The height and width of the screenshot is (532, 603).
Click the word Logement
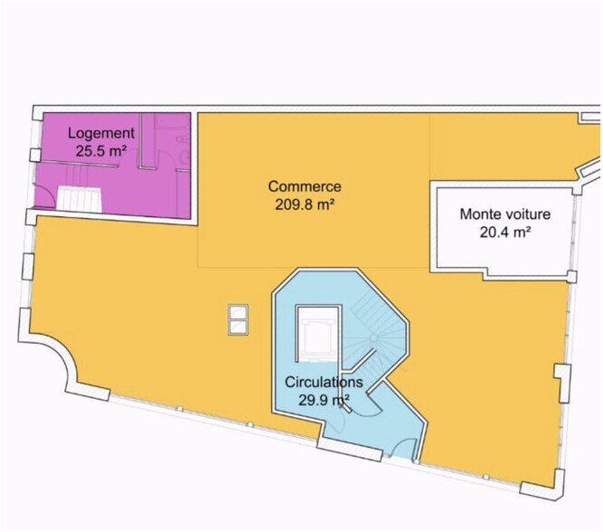101,134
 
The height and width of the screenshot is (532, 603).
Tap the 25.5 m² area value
101,151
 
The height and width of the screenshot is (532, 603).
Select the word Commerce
305,186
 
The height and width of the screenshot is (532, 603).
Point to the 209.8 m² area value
304,204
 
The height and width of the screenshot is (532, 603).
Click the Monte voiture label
505,214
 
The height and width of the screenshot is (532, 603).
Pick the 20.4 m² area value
505,233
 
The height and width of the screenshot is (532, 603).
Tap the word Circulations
324,382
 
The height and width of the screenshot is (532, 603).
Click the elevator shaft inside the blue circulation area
318,333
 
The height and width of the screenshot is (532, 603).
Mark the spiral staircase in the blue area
375,338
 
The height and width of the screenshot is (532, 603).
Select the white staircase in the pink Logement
80,199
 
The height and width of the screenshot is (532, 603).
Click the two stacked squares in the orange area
238,319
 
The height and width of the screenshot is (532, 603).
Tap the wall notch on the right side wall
562,383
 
